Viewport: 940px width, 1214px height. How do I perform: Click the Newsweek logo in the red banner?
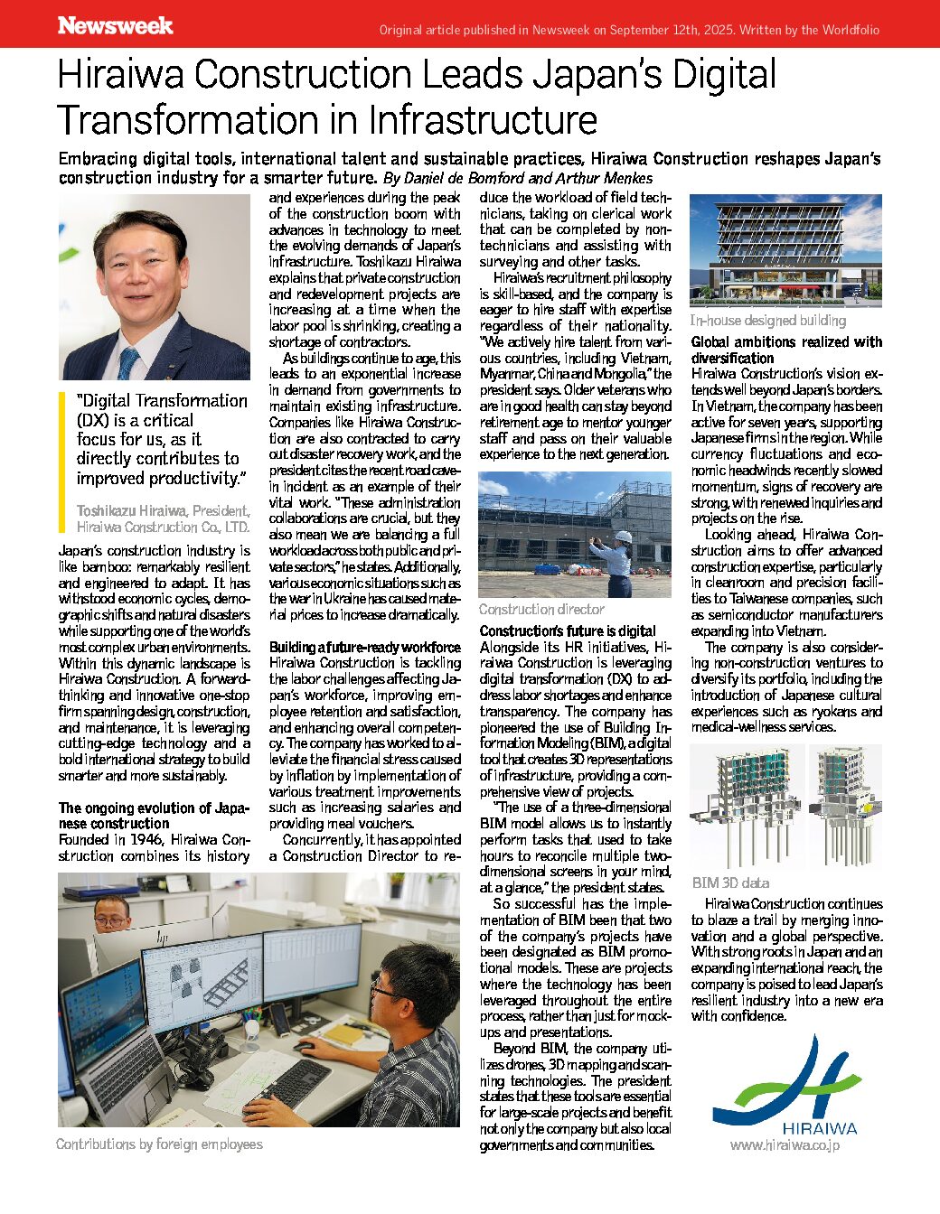[x=115, y=26]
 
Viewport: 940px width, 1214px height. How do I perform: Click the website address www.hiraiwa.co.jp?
[x=785, y=1145]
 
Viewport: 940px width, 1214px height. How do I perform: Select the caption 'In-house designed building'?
[x=767, y=320]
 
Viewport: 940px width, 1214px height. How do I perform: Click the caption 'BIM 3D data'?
[x=730, y=882]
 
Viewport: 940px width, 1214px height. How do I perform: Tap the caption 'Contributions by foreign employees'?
[x=159, y=1144]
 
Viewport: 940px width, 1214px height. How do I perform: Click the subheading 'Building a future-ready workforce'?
[x=364, y=648]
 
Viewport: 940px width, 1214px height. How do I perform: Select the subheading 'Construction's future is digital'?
[x=568, y=631]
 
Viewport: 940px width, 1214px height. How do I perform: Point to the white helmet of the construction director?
[x=623, y=537]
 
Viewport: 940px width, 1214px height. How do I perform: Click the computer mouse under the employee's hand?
[x=305, y=1048]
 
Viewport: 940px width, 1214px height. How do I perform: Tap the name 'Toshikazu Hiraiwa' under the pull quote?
[x=132, y=511]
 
